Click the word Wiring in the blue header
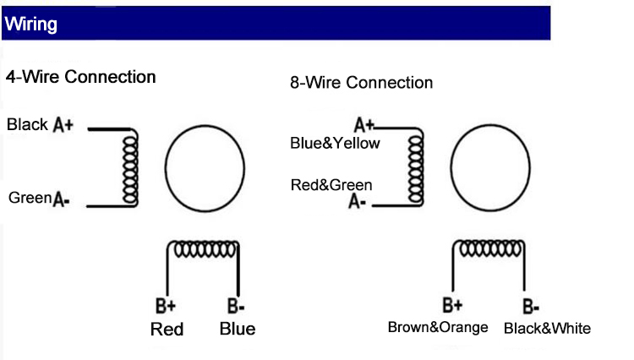point(30,25)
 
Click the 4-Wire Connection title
point(81,77)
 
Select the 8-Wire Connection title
point(361,82)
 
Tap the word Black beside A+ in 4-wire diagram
point(27,125)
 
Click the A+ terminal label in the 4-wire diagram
point(64,125)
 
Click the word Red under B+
point(167,329)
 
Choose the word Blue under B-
point(237,329)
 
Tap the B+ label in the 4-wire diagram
point(167,306)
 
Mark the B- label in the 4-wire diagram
point(236,306)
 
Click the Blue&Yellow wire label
point(335,143)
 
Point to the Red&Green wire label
point(331,184)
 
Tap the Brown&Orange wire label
point(438,327)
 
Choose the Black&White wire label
point(547,328)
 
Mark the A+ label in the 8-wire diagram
point(364,126)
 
